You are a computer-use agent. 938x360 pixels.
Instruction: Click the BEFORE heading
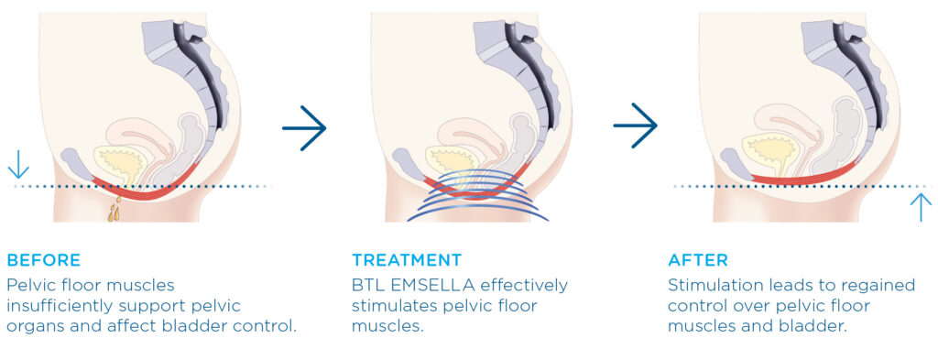(x=43, y=260)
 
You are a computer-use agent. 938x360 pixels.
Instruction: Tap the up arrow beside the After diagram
(x=920, y=206)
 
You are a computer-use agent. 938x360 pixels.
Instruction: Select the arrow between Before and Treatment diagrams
(x=304, y=127)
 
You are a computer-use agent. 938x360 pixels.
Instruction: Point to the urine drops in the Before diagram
(x=114, y=212)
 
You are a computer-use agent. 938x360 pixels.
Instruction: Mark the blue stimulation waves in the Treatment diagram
(x=476, y=202)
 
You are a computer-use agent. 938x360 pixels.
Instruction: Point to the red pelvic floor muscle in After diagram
(x=806, y=178)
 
